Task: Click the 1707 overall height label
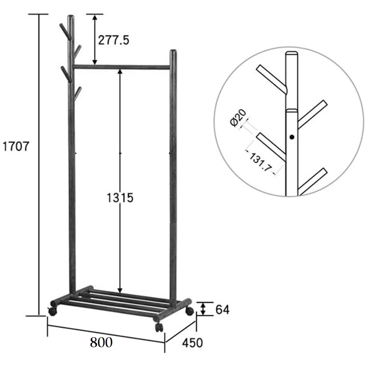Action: tap(16, 147)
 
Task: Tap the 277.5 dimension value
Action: tap(113, 40)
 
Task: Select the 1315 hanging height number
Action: tap(120, 197)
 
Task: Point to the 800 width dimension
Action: tap(101, 342)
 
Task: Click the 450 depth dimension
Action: tap(192, 343)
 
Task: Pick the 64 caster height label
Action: tap(223, 310)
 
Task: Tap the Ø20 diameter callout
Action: tap(238, 118)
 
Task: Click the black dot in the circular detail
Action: tap(292, 137)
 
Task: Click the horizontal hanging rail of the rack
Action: tap(121, 67)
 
